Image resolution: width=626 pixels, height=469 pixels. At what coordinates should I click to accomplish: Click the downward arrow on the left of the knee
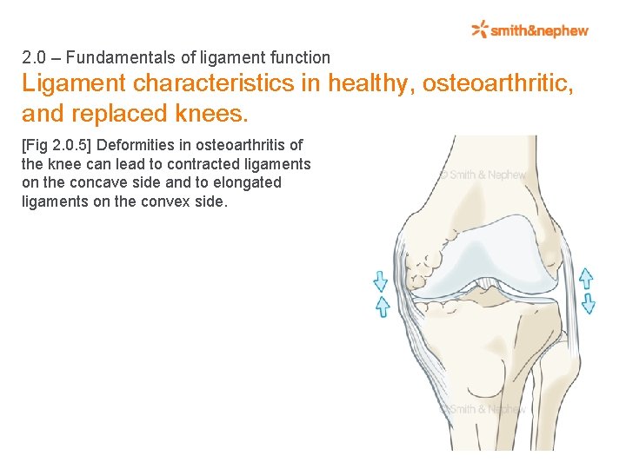click(x=380, y=281)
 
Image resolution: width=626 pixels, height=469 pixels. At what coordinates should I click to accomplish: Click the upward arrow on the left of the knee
click(x=381, y=307)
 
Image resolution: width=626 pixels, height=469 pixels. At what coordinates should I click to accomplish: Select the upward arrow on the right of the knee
click(x=586, y=278)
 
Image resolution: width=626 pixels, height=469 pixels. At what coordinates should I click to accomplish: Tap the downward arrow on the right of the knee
click(x=588, y=302)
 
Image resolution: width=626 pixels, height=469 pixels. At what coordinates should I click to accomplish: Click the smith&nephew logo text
click(x=539, y=30)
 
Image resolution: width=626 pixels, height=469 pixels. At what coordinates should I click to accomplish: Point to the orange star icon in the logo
click(x=479, y=30)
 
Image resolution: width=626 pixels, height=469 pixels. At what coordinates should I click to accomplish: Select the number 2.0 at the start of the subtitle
click(x=33, y=58)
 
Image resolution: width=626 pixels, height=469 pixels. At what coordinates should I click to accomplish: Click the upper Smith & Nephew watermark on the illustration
click(x=483, y=175)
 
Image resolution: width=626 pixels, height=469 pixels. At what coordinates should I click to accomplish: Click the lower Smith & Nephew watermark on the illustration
click(x=483, y=409)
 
